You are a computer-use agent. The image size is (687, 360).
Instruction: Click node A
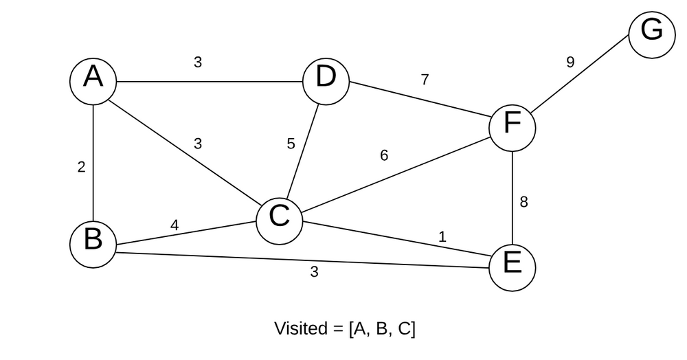tap(93, 80)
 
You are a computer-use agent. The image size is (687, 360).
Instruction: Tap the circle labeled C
tap(279, 220)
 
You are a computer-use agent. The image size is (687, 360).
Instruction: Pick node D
tap(326, 81)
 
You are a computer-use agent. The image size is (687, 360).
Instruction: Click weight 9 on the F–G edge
tap(570, 63)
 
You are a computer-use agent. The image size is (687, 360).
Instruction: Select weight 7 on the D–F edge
tap(425, 80)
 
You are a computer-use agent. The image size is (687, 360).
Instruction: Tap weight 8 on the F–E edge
tap(523, 202)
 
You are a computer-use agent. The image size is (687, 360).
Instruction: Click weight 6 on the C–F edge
tap(384, 156)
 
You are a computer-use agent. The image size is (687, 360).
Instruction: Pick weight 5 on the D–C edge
tap(291, 144)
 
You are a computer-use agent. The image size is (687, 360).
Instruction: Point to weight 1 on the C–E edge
tap(442, 237)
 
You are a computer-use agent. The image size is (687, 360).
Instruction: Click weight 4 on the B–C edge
tap(174, 225)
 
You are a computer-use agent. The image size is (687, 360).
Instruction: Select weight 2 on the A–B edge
tap(81, 167)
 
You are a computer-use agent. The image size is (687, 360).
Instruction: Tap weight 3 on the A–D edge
tap(198, 63)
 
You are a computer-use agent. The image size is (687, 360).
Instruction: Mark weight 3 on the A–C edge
tap(198, 144)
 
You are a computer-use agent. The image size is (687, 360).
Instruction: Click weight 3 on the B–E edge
tap(314, 271)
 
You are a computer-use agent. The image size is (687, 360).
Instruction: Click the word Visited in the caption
tap(300, 328)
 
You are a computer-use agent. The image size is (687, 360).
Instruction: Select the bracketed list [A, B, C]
tap(382, 328)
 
